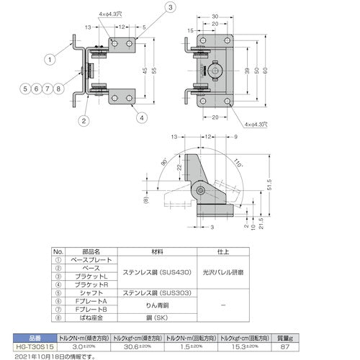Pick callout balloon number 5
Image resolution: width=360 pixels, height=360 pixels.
[24, 89]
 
